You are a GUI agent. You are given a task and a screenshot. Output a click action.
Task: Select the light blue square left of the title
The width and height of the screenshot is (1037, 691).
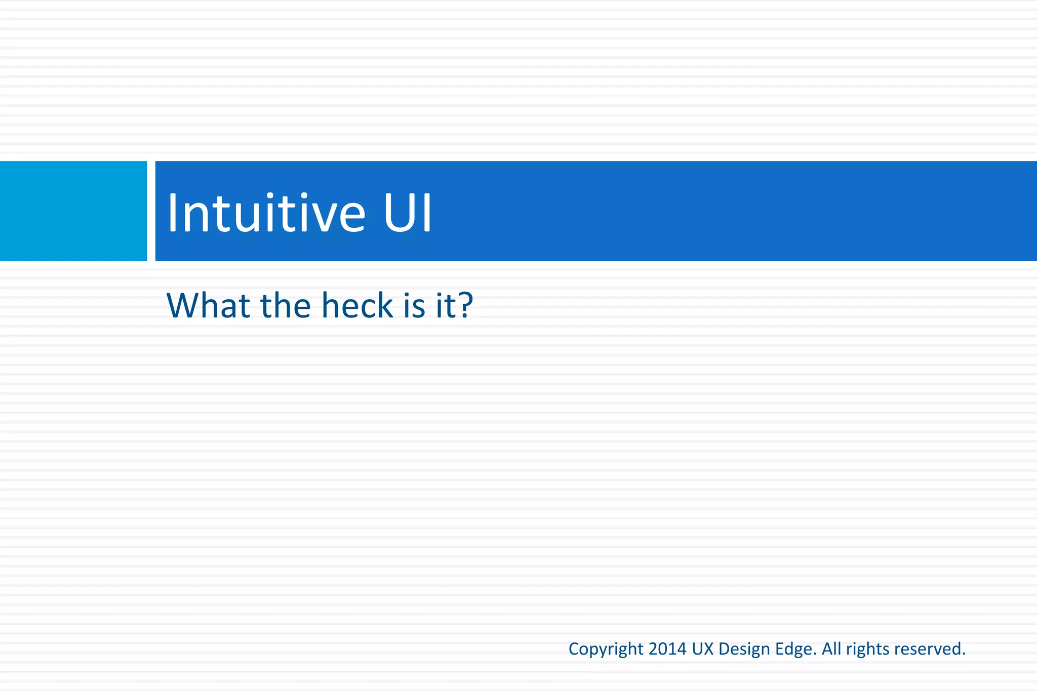(x=73, y=211)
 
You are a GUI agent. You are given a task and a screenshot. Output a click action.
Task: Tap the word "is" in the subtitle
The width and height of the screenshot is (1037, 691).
(x=415, y=306)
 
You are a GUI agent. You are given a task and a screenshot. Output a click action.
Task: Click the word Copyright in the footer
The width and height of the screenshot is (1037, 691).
(x=606, y=649)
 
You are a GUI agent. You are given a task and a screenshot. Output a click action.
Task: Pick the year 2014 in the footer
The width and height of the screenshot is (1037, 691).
(x=667, y=648)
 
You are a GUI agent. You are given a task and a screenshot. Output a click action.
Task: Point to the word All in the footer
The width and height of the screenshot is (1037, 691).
(x=831, y=648)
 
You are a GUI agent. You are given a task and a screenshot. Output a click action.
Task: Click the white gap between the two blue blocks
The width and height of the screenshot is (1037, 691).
(x=151, y=211)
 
